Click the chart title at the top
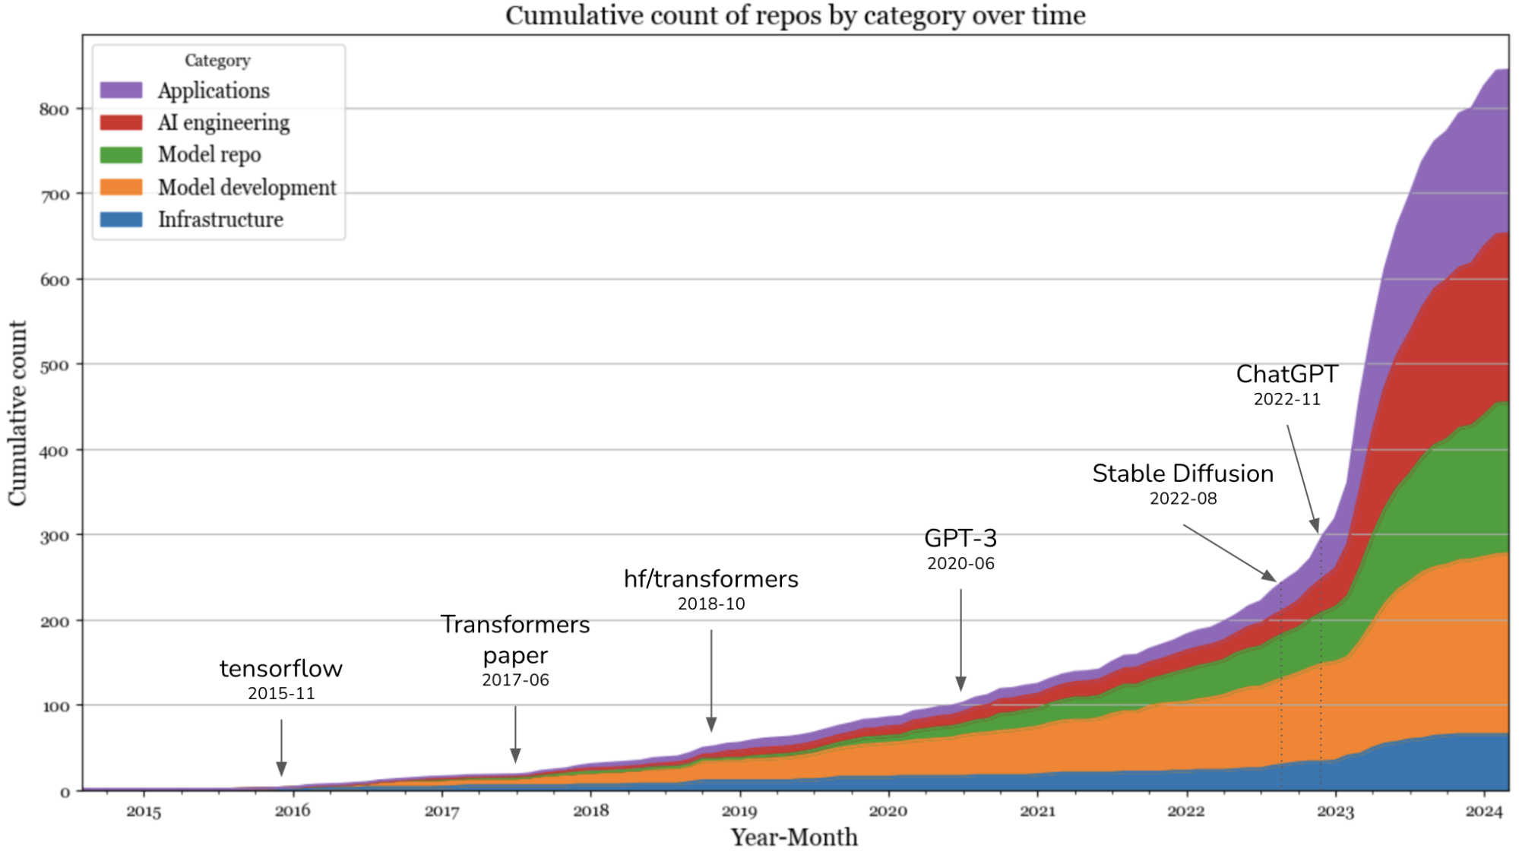click(795, 15)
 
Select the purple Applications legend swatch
click(121, 90)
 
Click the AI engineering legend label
click(223, 122)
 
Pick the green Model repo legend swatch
click(121, 155)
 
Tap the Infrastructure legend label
click(220, 220)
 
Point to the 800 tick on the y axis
click(54, 109)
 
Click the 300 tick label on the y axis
click(54, 537)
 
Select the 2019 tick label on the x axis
click(739, 811)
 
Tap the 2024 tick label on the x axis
click(1483, 811)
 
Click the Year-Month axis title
click(794, 837)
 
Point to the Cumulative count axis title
click(17, 413)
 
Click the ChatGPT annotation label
click(1286, 374)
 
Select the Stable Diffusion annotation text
click(1182, 473)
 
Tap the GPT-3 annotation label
click(960, 538)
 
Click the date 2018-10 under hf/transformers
click(710, 603)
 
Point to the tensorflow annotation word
click(280, 669)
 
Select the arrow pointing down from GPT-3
click(960, 638)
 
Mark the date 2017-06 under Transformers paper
click(515, 679)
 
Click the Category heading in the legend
click(217, 61)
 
